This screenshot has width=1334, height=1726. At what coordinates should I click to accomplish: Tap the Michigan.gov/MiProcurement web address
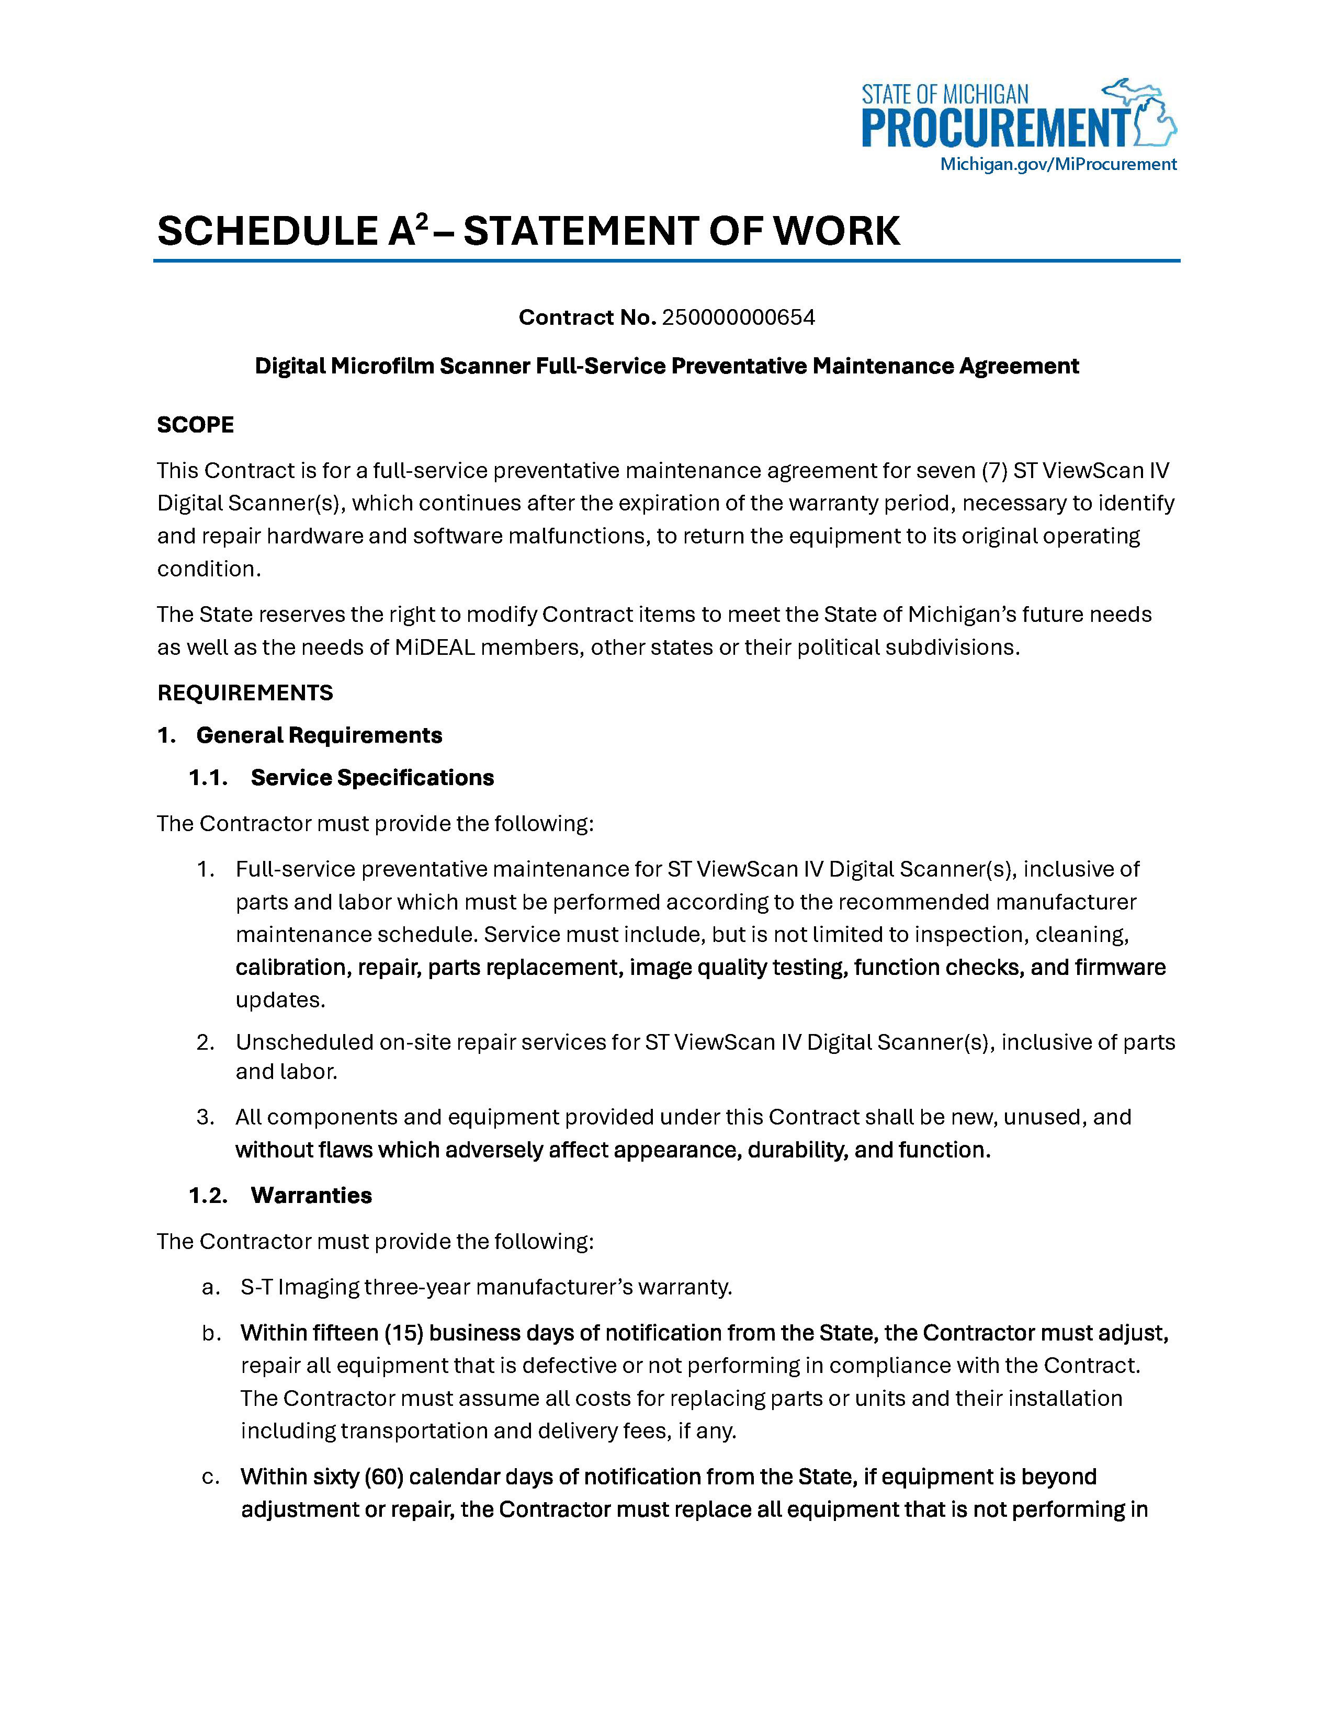pos(1057,164)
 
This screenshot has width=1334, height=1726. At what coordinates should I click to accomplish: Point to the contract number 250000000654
pos(738,317)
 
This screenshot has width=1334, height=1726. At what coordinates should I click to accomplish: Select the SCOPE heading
pos(195,425)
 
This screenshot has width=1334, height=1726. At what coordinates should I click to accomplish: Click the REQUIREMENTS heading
pos(245,693)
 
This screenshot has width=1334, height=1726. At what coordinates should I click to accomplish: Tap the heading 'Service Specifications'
pos(372,778)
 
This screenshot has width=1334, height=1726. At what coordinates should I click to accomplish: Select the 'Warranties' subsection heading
pos(311,1195)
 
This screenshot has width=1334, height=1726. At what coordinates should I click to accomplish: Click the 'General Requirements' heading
pos(319,736)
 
